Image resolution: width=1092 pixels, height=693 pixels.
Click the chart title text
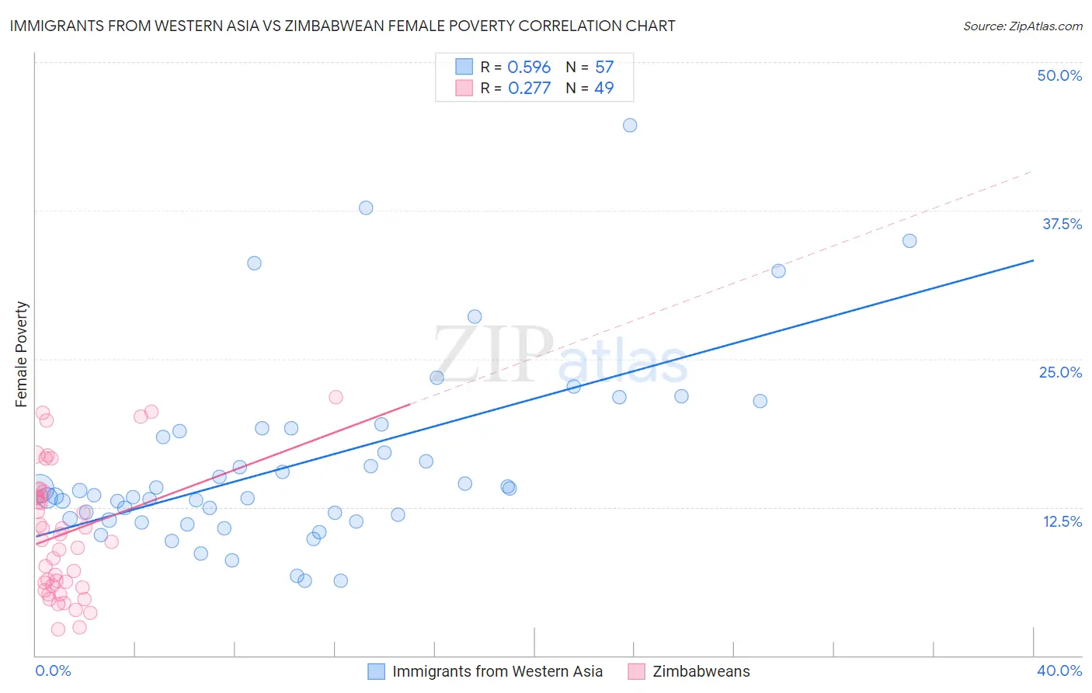(343, 26)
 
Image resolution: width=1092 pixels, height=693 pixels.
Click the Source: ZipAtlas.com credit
(1022, 26)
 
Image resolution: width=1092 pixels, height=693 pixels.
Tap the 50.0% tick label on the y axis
(1059, 75)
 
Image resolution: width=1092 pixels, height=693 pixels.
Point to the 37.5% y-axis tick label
(1062, 224)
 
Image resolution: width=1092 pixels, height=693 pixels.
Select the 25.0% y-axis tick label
(1060, 372)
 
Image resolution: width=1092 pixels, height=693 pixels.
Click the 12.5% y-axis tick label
(1062, 521)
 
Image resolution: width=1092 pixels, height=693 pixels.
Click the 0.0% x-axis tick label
(53, 670)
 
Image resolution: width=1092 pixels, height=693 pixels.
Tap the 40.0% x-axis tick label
(1059, 670)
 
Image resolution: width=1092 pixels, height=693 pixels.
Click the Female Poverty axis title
(22, 354)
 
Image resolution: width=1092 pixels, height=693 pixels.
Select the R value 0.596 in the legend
(529, 68)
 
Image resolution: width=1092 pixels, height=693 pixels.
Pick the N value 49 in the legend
(603, 89)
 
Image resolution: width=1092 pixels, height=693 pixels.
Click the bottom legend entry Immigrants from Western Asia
(497, 671)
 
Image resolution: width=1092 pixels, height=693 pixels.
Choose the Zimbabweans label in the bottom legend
(701, 671)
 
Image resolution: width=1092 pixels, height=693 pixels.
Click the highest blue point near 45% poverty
(630, 125)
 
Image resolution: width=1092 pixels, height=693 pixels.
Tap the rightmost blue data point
(909, 241)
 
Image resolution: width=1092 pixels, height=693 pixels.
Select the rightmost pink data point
(336, 397)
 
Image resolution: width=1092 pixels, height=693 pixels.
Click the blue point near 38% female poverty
(366, 207)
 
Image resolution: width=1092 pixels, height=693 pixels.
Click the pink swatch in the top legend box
(464, 88)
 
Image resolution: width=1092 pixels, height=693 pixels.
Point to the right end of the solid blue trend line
(1033, 260)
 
